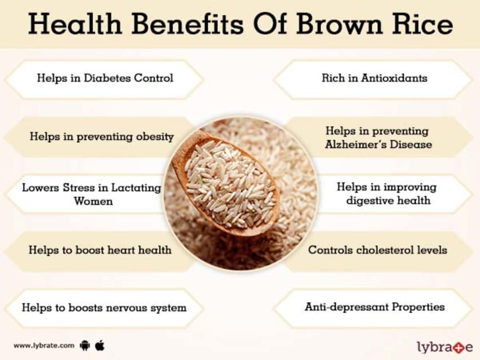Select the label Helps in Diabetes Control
pyautogui.click(x=105, y=78)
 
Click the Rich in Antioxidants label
pyautogui.click(x=374, y=78)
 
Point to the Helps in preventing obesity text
pyautogui.click(x=102, y=137)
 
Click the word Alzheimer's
pyautogui.click(x=355, y=144)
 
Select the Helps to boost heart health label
pyautogui.click(x=100, y=249)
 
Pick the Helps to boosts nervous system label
pyautogui.click(x=104, y=308)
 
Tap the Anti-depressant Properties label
pyautogui.click(x=375, y=307)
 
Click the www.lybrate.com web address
pyautogui.click(x=43, y=345)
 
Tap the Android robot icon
pyautogui.click(x=85, y=345)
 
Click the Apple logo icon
pyautogui.click(x=100, y=344)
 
